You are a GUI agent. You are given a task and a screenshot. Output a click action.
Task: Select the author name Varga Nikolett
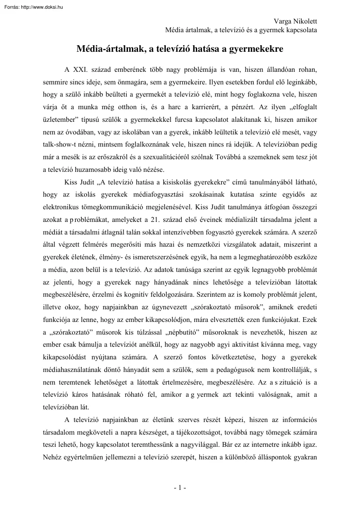tap(295, 21)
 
